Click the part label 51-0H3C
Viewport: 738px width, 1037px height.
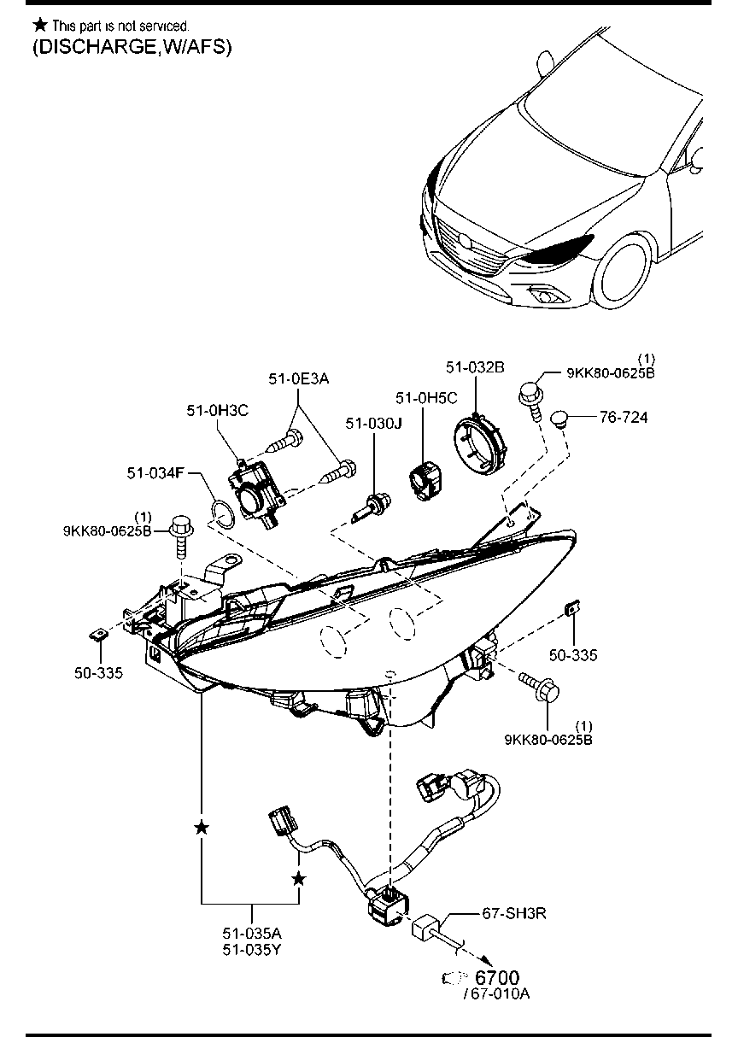tap(217, 411)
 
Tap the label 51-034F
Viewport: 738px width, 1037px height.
tap(156, 472)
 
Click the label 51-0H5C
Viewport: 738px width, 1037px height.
tap(425, 398)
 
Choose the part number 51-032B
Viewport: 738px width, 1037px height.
tap(474, 366)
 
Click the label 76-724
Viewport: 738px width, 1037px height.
tap(623, 418)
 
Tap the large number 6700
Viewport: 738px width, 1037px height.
tap(496, 977)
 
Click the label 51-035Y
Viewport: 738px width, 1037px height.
tap(252, 949)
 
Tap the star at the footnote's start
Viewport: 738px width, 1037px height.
tap(39, 26)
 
